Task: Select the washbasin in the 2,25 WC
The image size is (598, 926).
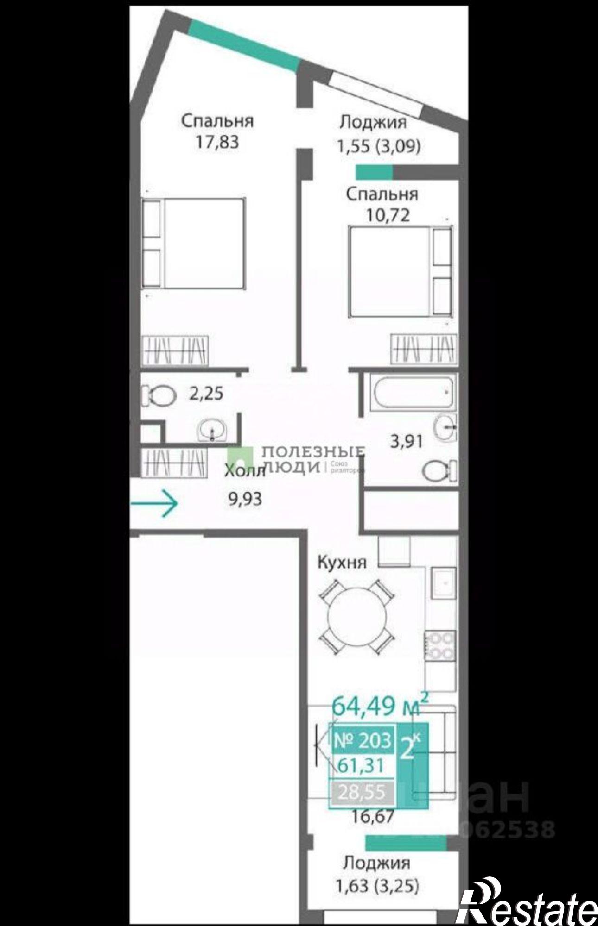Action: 212,431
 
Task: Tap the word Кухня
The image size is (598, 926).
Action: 342,563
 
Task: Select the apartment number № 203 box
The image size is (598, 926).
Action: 363,740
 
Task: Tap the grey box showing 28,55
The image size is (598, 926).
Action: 362,793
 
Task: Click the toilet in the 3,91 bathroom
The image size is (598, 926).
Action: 438,471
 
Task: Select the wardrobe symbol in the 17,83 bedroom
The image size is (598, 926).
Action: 175,350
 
